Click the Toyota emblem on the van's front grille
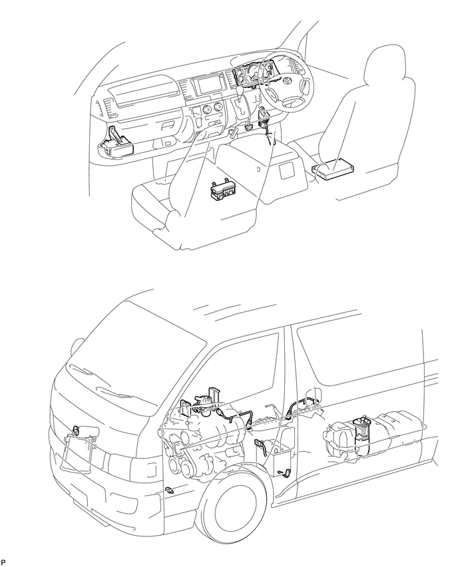(77, 431)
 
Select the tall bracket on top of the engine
(212, 397)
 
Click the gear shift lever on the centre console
(238, 91)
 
